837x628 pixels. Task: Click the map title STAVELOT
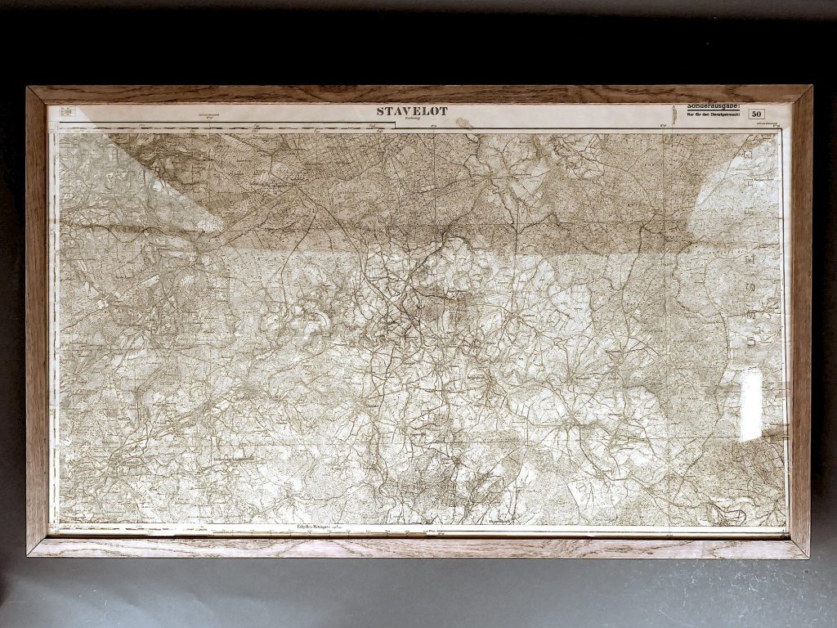pyautogui.click(x=412, y=111)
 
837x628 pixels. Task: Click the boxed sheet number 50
pyautogui.click(x=756, y=114)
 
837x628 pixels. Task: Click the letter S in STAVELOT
pyautogui.click(x=381, y=111)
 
